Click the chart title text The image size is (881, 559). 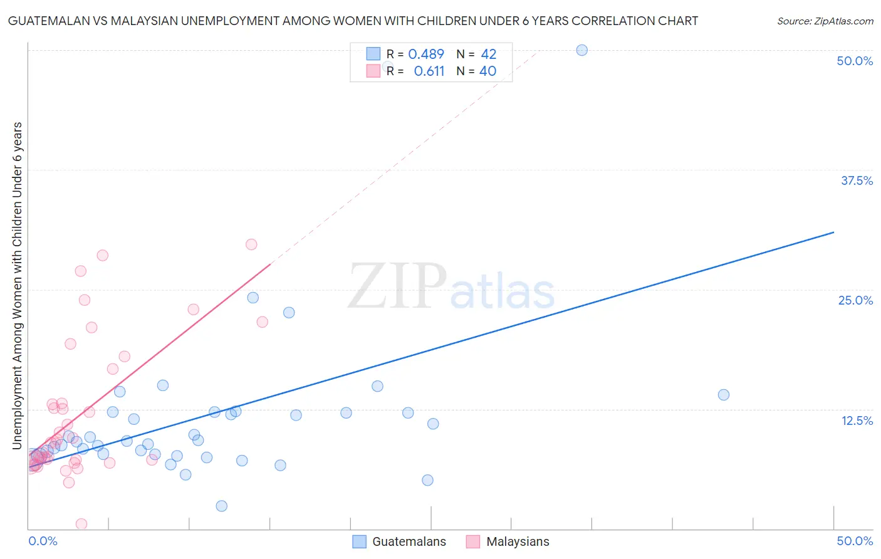(353, 21)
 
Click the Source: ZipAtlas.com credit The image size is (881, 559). (825, 21)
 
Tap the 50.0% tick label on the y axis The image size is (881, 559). (855, 61)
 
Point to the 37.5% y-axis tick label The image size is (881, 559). (857, 180)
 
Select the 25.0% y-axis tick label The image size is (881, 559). (855, 300)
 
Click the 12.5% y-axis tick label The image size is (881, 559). (857, 421)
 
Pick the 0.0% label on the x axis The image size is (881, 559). (43, 541)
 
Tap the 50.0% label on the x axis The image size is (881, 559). (855, 541)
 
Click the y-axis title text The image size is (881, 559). (18, 285)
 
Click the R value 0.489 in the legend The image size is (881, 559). (426, 55)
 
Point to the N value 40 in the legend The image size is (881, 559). (487, 71)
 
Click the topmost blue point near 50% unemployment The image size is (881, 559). (581, 50)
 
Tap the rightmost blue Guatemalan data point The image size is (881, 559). (723, 395)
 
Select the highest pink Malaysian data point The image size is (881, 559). (251, 244)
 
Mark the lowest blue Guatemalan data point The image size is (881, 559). (221, 506)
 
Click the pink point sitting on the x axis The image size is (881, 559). (81, 524)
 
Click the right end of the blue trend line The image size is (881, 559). (833, 232)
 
